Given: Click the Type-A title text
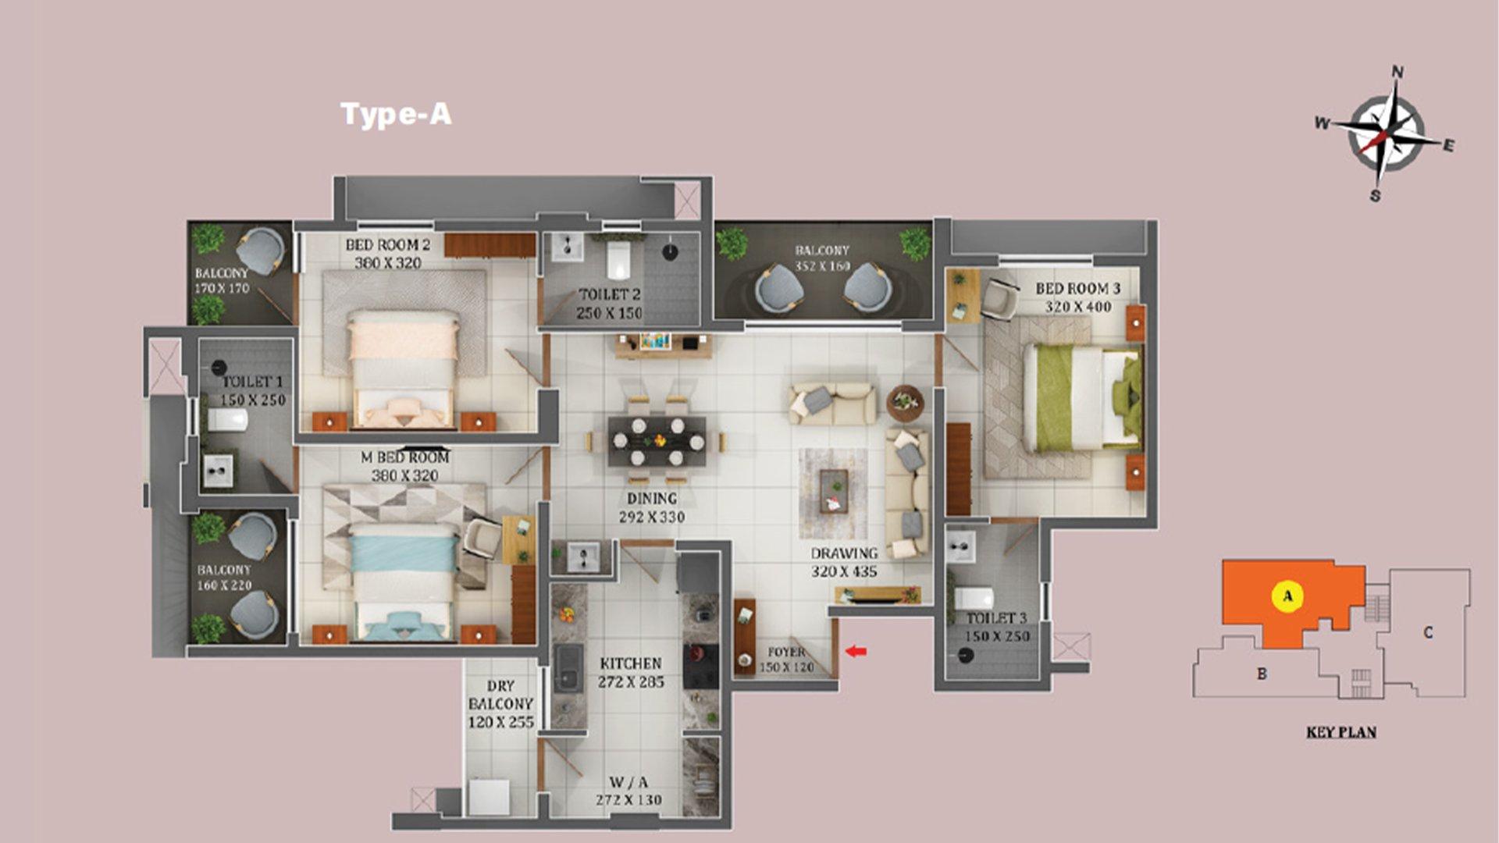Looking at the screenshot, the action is [396, 115].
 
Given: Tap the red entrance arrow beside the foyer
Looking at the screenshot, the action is [856, 651].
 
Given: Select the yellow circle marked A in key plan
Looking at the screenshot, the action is [1287, 597].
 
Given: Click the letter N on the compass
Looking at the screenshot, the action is [1398, 72].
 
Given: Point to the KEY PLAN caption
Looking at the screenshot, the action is [1341, 732].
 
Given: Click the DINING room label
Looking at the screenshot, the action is [652, 498].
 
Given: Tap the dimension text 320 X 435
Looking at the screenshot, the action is [844, 571].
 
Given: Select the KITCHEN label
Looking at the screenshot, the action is [631, 663].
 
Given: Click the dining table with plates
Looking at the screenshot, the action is [657, 442].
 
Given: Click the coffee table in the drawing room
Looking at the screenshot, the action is [834, 492].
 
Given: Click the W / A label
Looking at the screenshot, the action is [628, 782].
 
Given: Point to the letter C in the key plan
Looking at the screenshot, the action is [1427, 632].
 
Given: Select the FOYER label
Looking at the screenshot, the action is [786, 652].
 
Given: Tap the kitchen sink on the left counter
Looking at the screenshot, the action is [568, 668].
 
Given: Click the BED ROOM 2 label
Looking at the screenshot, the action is [388, 244].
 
